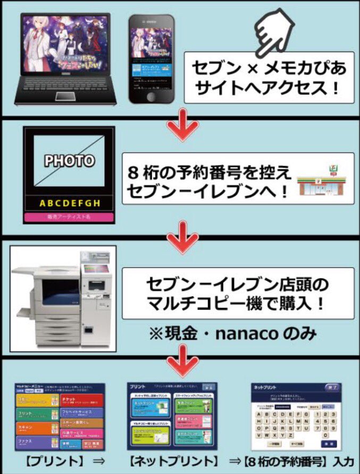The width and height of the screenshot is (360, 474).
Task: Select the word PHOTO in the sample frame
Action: coord(69,160)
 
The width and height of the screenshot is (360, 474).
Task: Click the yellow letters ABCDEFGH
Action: coord(69,203)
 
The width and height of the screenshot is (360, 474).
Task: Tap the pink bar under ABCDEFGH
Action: coord(69,217)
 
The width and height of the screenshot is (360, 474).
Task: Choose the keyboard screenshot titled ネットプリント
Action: coord(296,417)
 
